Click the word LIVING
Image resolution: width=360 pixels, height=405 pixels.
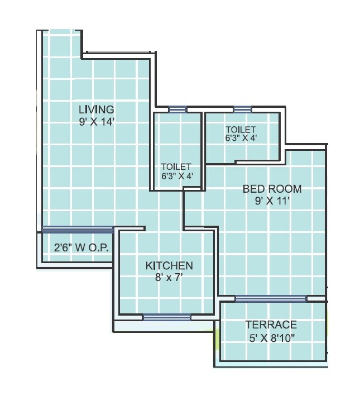click(x=96, y=109)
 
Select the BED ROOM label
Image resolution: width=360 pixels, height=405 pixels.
click(x=272, y=189)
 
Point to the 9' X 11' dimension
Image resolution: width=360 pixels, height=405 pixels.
click(x=272, y=201)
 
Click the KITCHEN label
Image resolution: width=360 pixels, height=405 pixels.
click(x=169, y=265)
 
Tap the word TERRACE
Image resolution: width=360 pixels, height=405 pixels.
click(x=271, y=325)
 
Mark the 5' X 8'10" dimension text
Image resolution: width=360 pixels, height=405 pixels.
click(x=271, y=337)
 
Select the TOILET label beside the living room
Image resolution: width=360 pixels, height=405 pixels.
click(x=176, y=166)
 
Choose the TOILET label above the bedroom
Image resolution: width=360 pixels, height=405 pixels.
click(x=241, y=130)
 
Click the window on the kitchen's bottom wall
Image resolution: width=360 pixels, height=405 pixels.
click(x=166, y=317)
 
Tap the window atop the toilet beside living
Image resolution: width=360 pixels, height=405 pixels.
click(x=177, y=110)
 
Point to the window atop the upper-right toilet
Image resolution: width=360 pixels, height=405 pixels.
click(x=242, y=110)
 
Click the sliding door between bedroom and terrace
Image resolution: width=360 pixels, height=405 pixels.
click(x=270, y=298)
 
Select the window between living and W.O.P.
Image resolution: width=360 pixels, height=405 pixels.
click(x=77, y=229)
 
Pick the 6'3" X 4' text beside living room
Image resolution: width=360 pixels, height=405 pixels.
click(x=176, y=175)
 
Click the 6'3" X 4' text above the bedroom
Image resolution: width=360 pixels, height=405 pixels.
click(x=241, y=138)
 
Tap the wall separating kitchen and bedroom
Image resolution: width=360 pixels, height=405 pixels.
click(x=215, y=263)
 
